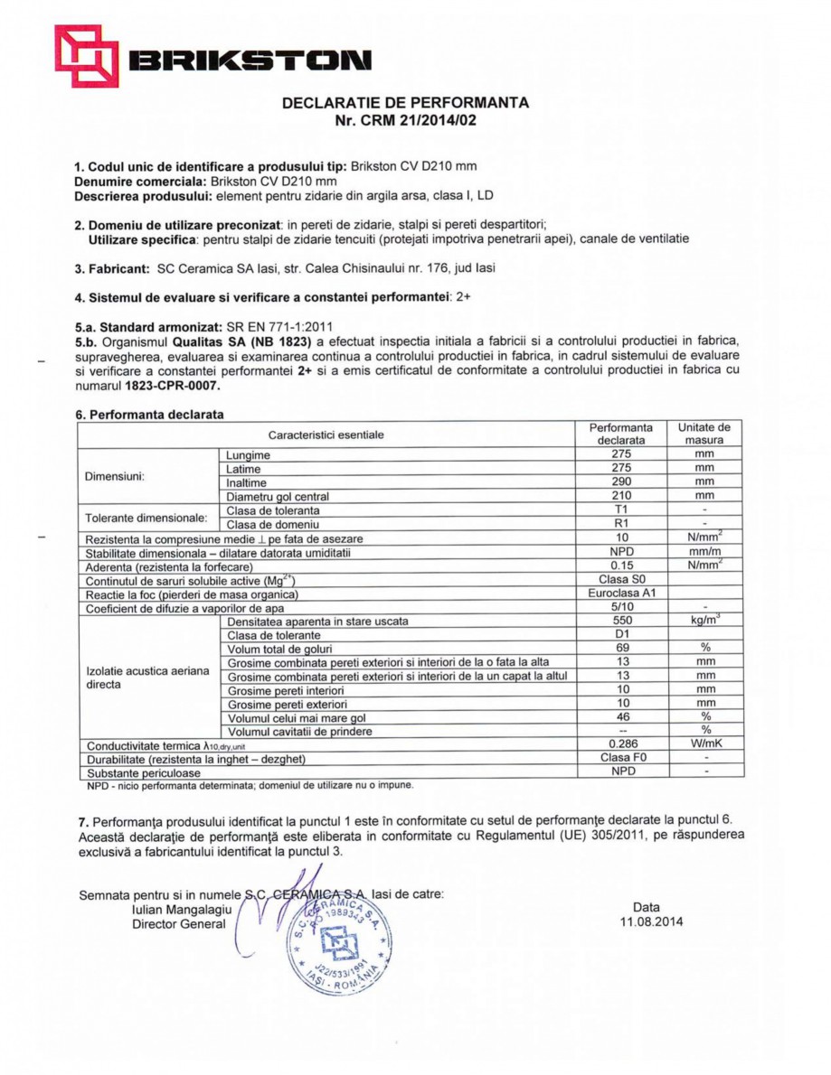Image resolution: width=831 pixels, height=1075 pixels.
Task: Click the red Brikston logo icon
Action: coord(86,57)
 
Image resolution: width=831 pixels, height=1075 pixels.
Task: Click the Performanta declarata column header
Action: coord(620,434)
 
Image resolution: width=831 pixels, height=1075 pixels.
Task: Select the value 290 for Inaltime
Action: coord(620,482)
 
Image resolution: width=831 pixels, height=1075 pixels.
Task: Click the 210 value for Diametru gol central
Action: coord(620,496)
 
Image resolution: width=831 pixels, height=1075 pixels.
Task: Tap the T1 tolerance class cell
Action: coord(620,510)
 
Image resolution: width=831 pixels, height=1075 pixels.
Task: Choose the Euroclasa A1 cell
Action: coord(620,594)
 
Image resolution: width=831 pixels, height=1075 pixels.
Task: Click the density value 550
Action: coord(620,622)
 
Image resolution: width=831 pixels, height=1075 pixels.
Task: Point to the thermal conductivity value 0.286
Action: coord(620,743)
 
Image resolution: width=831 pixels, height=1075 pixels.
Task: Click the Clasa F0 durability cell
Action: coord(620,758)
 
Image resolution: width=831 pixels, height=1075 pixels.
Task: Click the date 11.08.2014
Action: coord(647,922)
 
